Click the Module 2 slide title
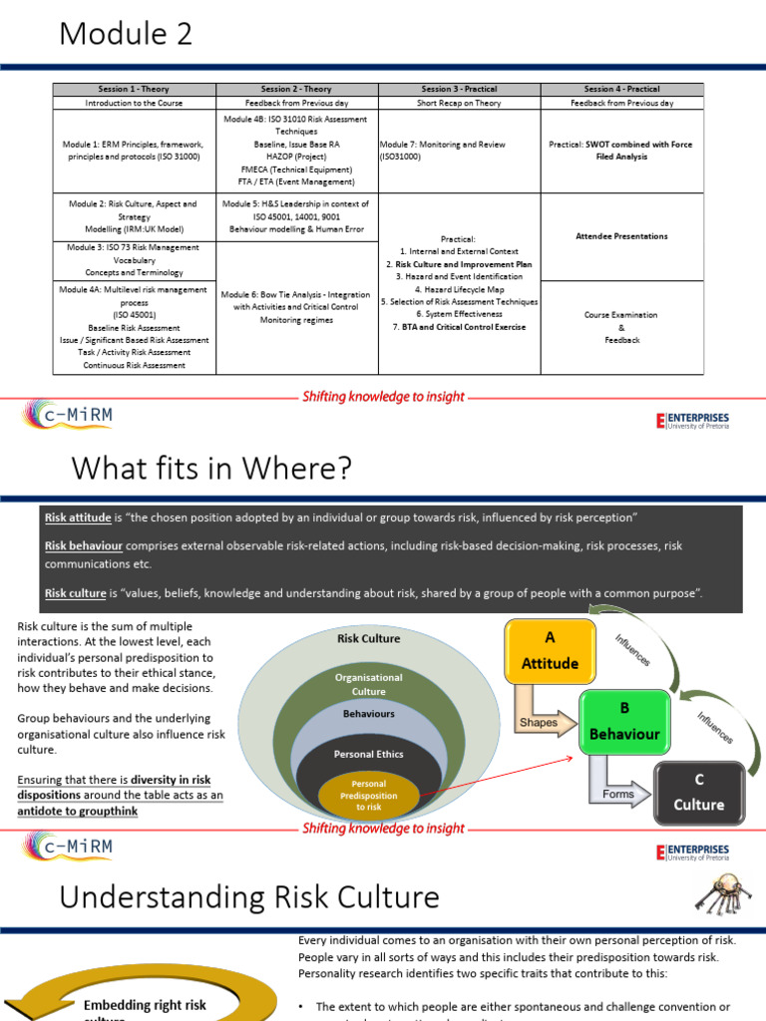point(126,34)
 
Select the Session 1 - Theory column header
point(135,90)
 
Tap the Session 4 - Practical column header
point(621,90)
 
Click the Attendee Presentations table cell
point(621,236)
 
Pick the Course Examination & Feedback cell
point(621,327)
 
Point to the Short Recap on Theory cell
point(459,103)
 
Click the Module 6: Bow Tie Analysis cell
point(295,307)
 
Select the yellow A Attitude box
point(550,651)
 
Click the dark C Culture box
point(698,792)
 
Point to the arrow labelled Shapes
point(544,722)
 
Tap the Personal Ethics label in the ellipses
point(369,755)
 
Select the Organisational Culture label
point(368,684)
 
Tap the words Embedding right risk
point(145,1005)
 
